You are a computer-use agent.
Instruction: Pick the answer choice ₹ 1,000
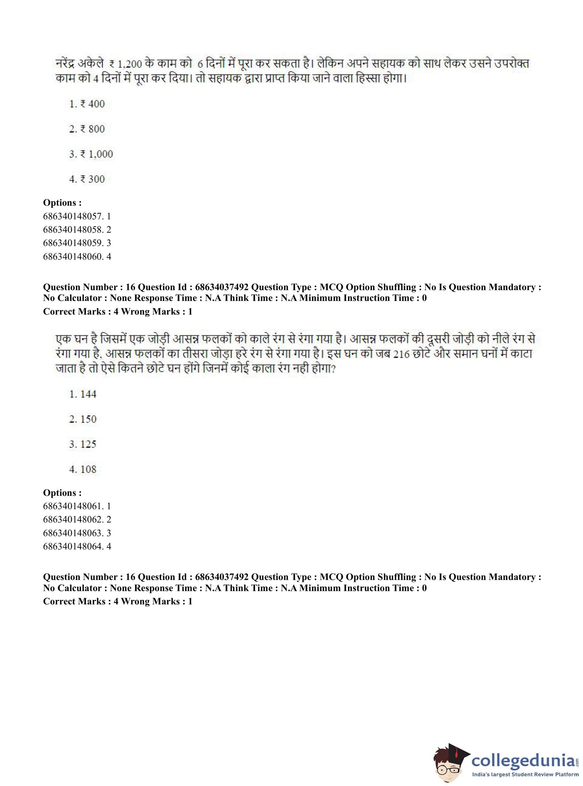coord(91,154)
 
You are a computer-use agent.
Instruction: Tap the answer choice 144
coord(83,394)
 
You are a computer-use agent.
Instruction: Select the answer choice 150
coord(83,419)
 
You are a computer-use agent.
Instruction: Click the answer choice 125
coord(83,444)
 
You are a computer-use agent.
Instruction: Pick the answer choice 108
coord(83,469)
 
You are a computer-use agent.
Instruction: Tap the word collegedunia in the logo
coord(524,760)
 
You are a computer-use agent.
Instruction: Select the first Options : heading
coord(62,203)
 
